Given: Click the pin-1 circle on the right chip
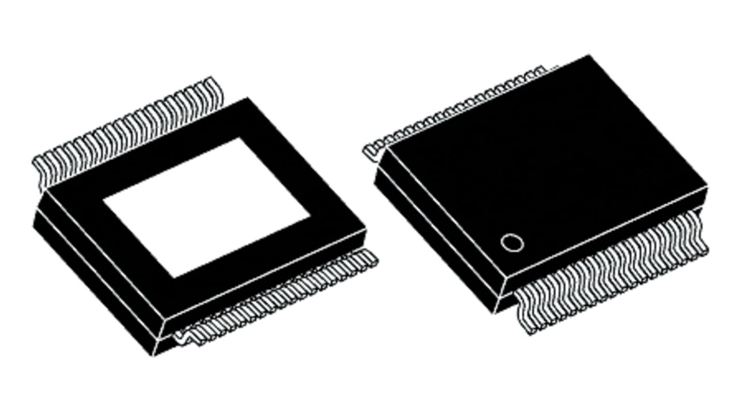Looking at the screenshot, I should click(512, 243).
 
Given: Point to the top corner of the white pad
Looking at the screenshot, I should click(239, 139).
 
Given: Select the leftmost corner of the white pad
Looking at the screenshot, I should click(104, 201).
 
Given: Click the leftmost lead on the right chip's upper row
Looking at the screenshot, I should click(370, 150).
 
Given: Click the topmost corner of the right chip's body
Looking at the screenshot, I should click(589, 56).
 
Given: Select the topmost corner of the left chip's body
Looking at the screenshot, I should click(248, 98).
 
